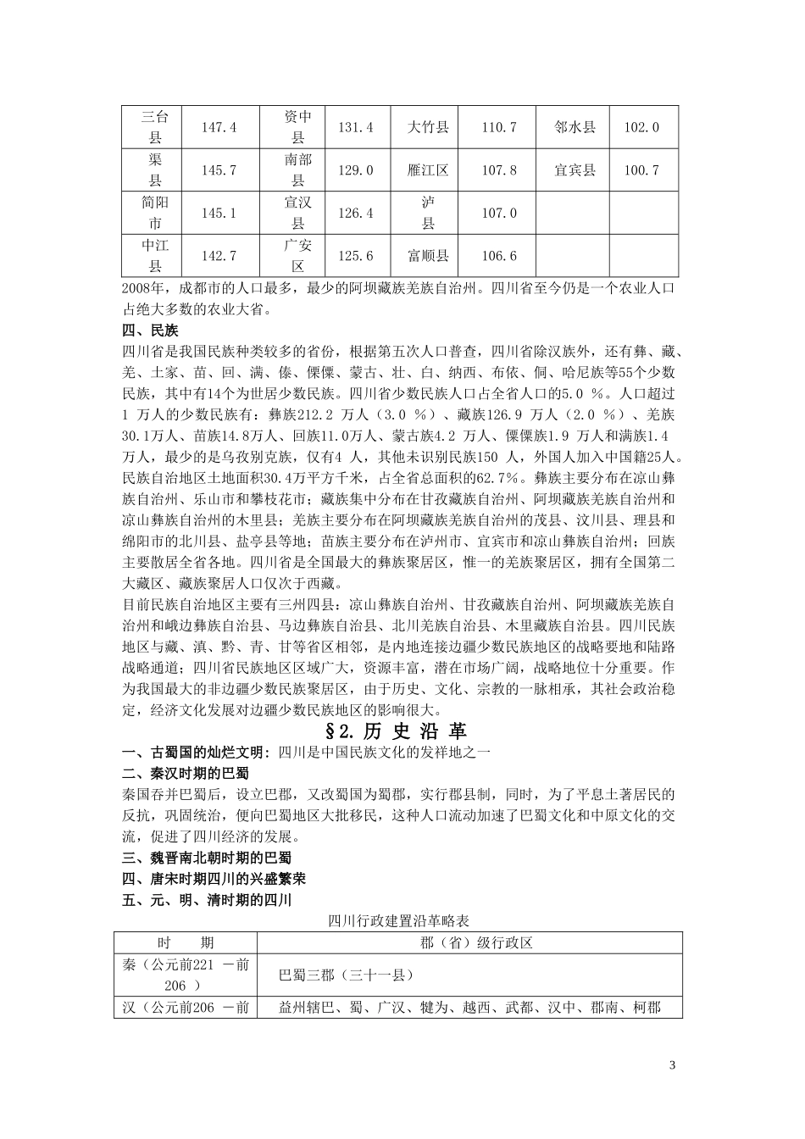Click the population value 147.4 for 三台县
pyautogui.click(x=218, y=127)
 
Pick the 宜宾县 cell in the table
pyautogui.click(x=575, y=170)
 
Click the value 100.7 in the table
pyautogui.click(x=641, y=170)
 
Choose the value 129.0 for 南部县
pyautogui.click(x=356, y=170)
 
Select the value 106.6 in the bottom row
pyautogui.click(x=499, y=256)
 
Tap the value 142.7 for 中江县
pyautogui.click(x=218, y=256)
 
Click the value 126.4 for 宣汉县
pyautogui.click(x=356, y=213)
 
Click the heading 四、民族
pyautogui.click(x=150, y=331)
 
